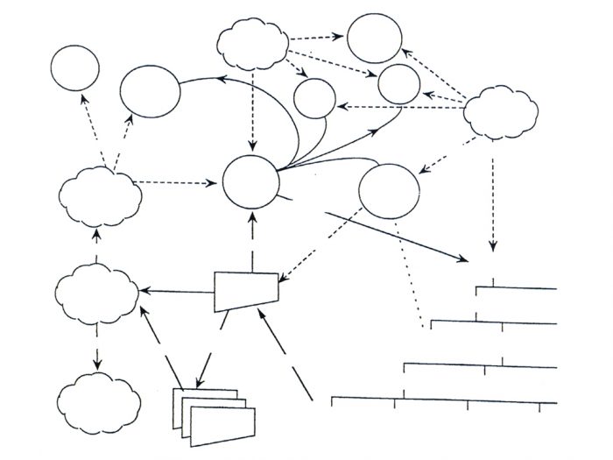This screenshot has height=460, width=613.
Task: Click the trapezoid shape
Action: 247,289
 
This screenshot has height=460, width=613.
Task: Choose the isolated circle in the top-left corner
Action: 77,69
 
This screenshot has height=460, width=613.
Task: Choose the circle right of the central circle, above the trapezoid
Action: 390,192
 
